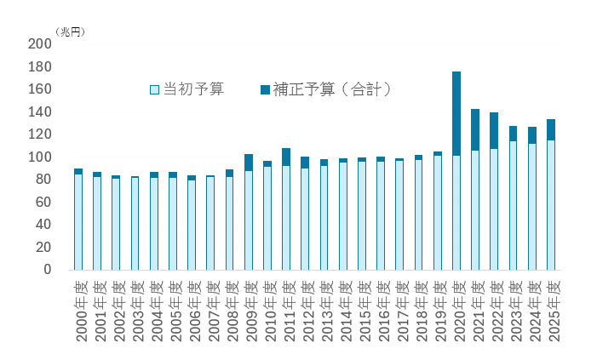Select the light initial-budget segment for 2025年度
(552, 204)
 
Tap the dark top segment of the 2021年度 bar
(475, 129)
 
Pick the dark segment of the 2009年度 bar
(249, 163)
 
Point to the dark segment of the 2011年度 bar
(286, 157)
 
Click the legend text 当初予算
(193, 89)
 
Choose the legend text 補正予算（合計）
(331, 89)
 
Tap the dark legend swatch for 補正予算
(265, 89)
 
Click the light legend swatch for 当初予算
(154, 89)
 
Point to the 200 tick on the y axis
(40, 44)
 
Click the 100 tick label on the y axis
(40, 157)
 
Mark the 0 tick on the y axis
(47, 270)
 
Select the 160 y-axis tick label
(40, 89)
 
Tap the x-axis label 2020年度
(457, 311)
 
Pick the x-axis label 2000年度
(79, 311)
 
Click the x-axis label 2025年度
(552, 311)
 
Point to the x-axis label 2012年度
(306, 311)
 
